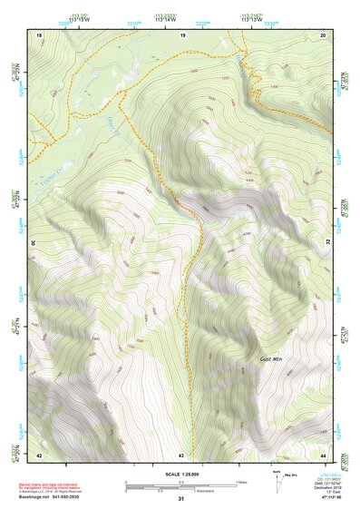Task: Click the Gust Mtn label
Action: pos(266,359)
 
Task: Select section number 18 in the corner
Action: pos(39,34)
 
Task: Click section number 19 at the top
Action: pos(183,34)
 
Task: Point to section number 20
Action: pos(323,34)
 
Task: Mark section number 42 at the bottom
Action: pos(39,454)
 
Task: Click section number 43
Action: pos(181,454)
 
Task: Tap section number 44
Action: pos(323,454)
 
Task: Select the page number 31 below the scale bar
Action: pos(180,498)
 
